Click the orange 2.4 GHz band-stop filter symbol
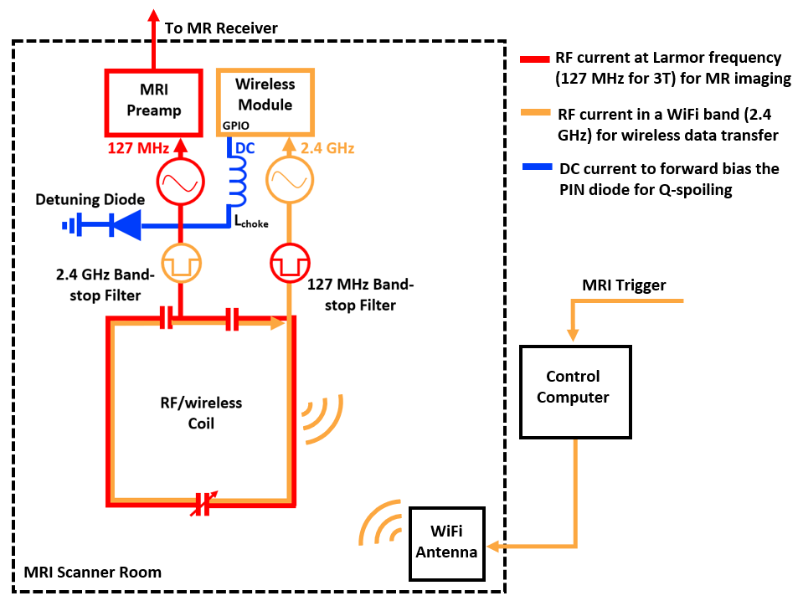[181, 264]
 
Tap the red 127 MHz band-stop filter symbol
[289, 264]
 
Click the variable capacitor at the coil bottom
[202, 504]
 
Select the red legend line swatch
[533, 59]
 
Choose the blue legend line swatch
[533, 169]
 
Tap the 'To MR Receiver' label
[221, 28]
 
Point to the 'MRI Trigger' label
[624, 285]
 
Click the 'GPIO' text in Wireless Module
[235, 126]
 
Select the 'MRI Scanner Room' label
[92, 573]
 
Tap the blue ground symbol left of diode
[71, 224]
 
